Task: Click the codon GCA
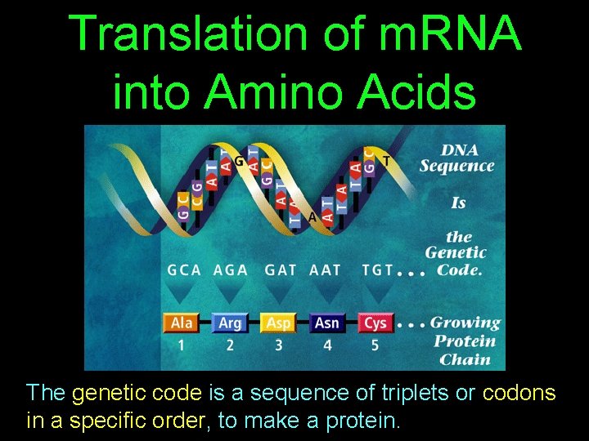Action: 184,270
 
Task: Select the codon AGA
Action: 231,270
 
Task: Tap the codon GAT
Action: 281,270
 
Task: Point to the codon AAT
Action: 326,270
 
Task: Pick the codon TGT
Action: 377,270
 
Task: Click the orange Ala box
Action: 182,323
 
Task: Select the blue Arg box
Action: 231,323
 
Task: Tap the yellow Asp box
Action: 279,323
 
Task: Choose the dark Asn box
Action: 327,323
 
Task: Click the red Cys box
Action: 375,323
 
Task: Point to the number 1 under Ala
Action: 182,345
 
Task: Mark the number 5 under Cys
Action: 375,345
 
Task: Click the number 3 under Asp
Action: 279,345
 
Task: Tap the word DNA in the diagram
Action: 459,149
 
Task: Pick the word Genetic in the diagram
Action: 456,253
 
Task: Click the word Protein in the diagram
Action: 464,341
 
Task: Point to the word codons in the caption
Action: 519,393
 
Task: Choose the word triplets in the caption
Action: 416,393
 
